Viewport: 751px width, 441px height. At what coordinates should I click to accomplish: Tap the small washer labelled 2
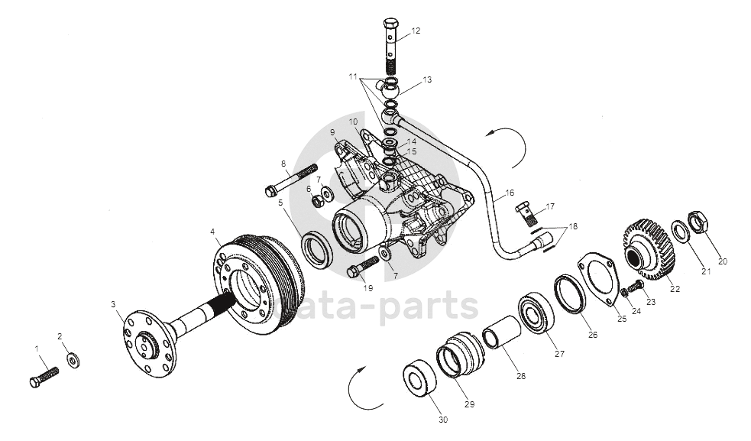73,358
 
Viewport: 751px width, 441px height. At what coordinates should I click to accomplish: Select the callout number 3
113,305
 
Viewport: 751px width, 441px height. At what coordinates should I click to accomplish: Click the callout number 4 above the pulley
213,231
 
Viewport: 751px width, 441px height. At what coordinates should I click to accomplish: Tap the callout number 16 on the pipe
510,193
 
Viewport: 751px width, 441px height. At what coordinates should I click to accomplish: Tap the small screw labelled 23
639,285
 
